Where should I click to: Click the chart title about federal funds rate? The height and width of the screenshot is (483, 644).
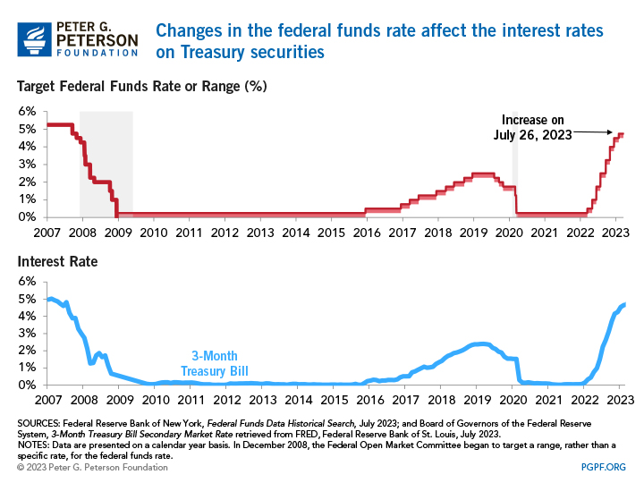(x=379, y=41)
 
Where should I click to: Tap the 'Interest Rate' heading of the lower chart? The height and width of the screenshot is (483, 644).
(x=57, y=262)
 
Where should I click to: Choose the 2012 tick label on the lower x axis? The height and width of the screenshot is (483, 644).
(x=225, y=400)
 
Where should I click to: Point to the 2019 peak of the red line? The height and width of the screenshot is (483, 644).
(x=483, y=174)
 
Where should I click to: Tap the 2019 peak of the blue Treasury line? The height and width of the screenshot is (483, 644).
(x=480, y=343)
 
